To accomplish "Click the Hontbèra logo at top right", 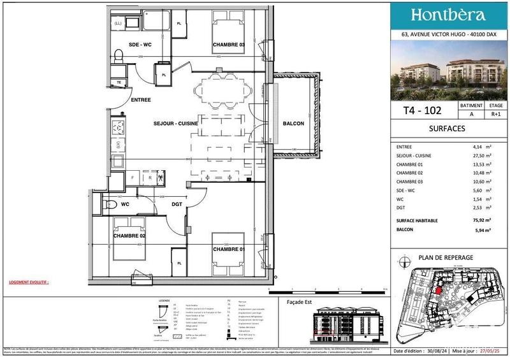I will (448, 15).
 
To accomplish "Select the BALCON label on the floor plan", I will (293, 124).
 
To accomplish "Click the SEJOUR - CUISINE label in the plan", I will (175, 123).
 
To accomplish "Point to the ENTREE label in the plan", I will (141, 100).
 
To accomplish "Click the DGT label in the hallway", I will (177, 205).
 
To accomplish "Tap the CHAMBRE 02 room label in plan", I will (129, 236).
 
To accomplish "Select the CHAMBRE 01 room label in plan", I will (228, 248).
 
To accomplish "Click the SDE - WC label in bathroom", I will (140, 45).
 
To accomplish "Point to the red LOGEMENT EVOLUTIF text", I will (29, 281).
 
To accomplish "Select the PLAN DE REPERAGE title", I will (446, 257).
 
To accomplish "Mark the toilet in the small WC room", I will (108, 205).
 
